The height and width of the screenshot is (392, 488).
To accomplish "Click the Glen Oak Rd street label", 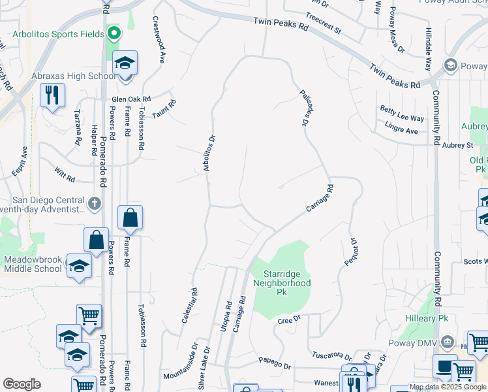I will point(130,99).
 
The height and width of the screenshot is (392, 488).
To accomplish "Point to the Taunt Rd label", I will point(165,110).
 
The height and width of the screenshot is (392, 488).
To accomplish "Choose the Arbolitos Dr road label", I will point(209,153).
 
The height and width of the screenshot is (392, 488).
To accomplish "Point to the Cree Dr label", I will point(288,319).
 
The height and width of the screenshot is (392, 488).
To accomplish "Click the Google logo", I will point(22,384).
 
